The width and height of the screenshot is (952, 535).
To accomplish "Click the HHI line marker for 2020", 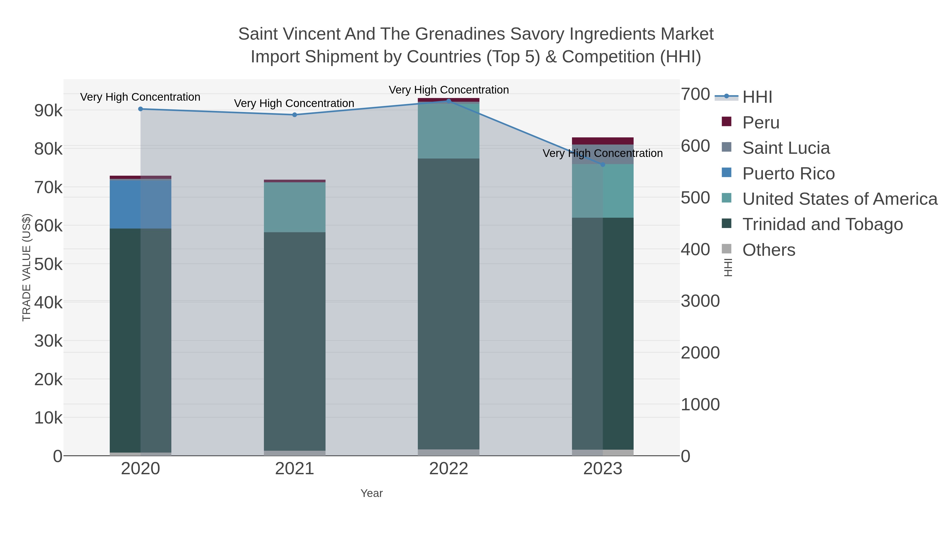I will (140, 109).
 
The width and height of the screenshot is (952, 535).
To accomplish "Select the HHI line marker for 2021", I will (295, 115).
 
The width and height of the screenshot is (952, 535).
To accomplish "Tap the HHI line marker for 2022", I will (449, 101).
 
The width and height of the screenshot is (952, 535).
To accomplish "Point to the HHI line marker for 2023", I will (603, 165).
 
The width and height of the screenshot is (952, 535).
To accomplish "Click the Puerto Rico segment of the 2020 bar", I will (140, 204).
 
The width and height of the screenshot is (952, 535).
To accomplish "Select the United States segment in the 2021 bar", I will (295, 207).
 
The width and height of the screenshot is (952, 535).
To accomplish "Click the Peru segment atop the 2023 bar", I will (603, 141).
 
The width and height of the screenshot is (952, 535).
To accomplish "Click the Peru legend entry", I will (761, 123).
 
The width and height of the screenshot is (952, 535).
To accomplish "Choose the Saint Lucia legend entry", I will (786, 148).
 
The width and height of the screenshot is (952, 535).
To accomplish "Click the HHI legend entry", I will (757, 97).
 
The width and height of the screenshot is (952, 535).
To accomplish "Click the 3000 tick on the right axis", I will (700, 301).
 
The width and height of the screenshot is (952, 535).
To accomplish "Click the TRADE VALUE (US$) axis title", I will (27, 267).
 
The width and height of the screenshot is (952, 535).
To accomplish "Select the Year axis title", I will (372, 493).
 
